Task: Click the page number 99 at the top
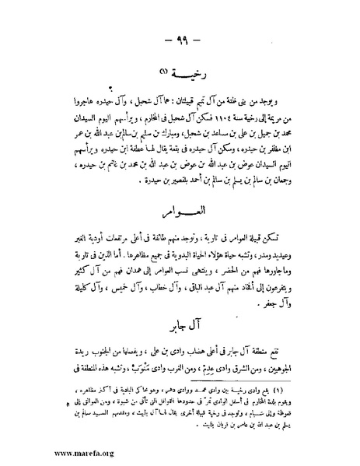coord(180,40)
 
